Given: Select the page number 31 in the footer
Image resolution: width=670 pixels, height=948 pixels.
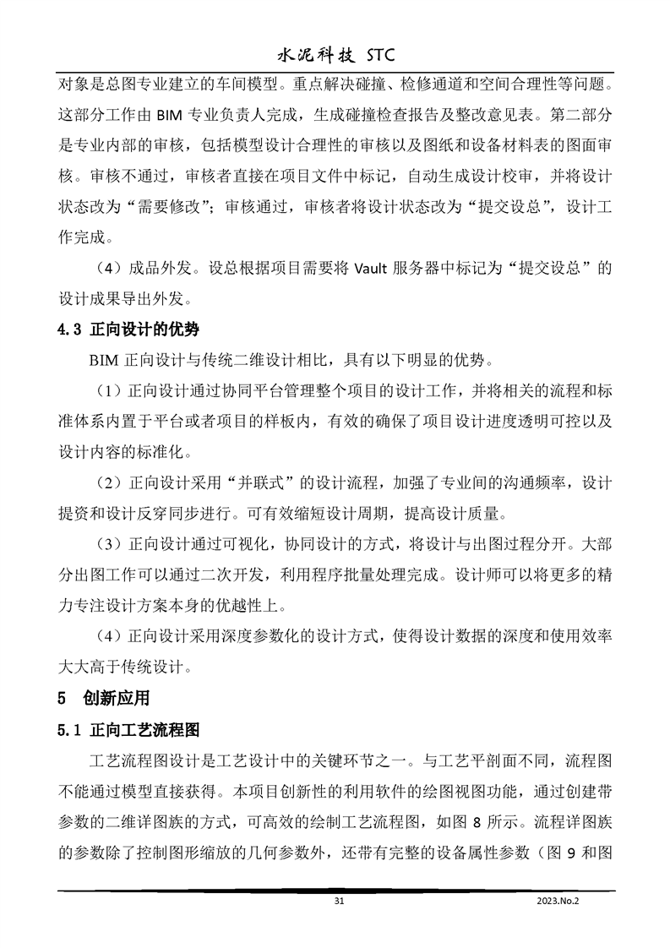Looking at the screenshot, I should (x=340, y=902).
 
